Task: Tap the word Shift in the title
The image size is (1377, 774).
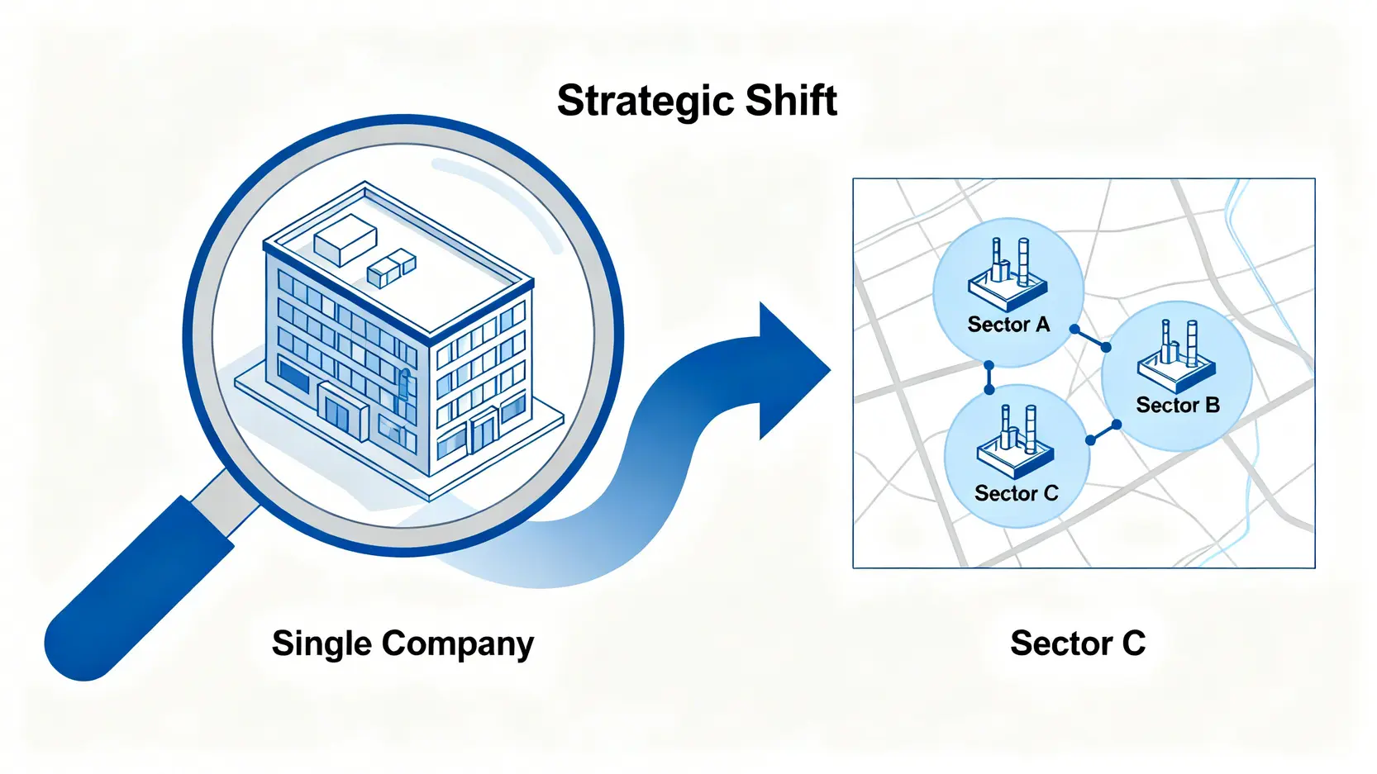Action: [x=791, y=101]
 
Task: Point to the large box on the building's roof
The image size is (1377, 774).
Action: [x=345, y=239]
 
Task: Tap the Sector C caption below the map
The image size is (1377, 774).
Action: [x=1078, y=643]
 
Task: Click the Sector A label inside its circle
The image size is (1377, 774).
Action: [x=1008, y=325]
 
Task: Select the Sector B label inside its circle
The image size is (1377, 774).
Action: [x=1178, y=405]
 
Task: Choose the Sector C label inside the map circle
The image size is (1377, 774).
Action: [x=1016, y=493]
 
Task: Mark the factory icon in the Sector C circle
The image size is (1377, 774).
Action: [x=1016, y=442]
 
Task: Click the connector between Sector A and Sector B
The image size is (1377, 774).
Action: [x=1090, y=339]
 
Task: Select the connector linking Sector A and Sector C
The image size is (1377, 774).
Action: [x=989, y=378]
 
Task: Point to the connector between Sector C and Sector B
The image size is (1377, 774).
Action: [x=1103, y=433]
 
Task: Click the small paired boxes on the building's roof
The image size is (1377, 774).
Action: [x=391, y=268]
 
